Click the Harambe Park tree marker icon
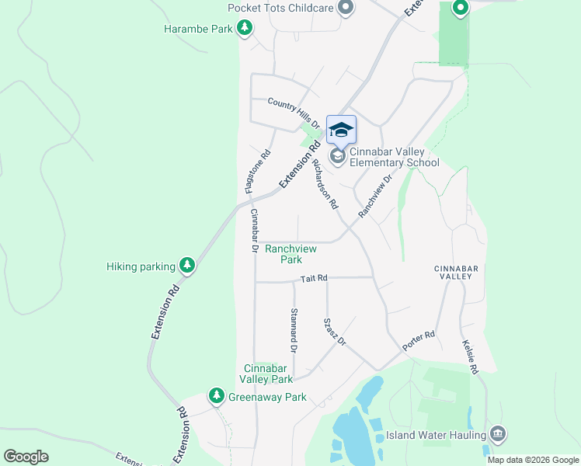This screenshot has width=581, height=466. tap(245, 29)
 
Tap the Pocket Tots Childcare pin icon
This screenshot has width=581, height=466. tap(346, 9)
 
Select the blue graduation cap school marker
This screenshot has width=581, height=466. tap(340, 129)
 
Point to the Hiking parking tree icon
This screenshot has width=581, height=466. tap(186, 266)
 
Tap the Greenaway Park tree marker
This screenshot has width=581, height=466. tap(216, 397)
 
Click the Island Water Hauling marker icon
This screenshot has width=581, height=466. tap(498, 433)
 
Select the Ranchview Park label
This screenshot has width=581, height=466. tap(284, 254)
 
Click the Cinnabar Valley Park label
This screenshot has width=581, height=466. tap(268, 374)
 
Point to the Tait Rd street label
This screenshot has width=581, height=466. tap(315, 278)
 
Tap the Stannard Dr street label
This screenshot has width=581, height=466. tap(294, 329)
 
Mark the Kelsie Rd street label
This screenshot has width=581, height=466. tap(469, 356)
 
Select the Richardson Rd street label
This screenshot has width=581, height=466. tap(324, 185)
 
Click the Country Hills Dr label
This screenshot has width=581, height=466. tap(294, 113)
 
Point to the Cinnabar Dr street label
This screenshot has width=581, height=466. tap(252, 231)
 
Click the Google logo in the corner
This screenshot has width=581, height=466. tap(26, 457)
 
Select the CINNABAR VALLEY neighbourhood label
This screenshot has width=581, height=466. tap(453, 272)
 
